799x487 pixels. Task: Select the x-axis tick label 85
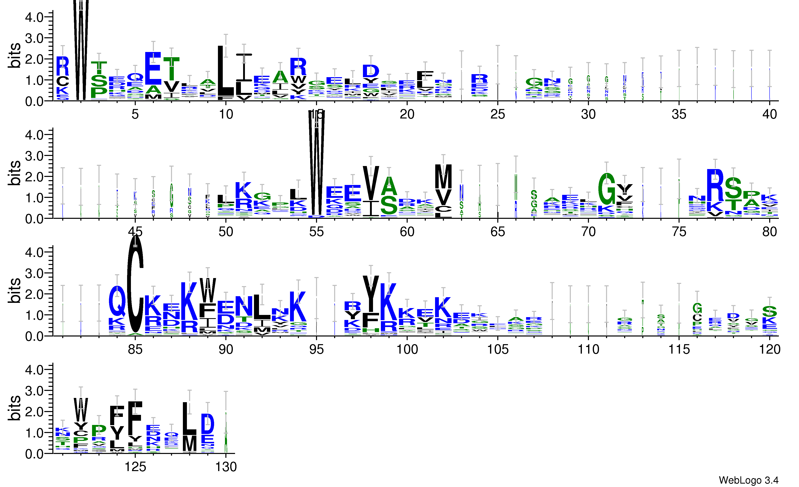click(x=135, y=349)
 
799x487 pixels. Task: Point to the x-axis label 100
click(x=407, y=349)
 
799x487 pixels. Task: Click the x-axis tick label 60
click(x=407, y=232)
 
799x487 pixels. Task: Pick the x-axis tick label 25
click(x=497, y=114)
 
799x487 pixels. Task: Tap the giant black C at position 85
click(x=135, y=286)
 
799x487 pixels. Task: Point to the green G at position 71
click(x=606, y=188)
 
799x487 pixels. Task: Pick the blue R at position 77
click(x=715, y=185)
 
